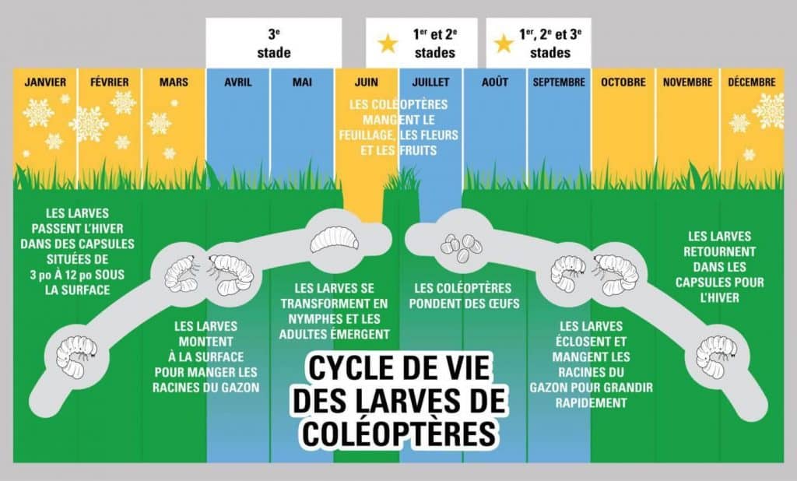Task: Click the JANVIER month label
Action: point(45,82)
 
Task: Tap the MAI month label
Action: point(302,82)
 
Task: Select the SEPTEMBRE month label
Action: point(559,82)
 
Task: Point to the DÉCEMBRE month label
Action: point(752,82)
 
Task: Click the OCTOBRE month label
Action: point(623,82)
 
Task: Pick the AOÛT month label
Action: point(494,82)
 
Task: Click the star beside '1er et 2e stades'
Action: point(388,44)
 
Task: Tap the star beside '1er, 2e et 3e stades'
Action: point(504,44)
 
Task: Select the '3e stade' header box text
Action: point(274,44)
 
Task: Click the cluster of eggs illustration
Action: point(462,248)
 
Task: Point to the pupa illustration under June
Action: point(334,239)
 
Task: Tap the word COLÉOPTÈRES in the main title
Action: point(399,434)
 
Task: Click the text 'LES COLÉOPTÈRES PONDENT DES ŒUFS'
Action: point(464,296)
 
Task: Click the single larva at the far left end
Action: point(76,356)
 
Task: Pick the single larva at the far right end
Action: point(717,356)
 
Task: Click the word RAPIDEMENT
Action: point(592,402)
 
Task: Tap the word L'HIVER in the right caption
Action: point(720,297)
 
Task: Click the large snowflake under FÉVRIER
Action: point(90,124)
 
